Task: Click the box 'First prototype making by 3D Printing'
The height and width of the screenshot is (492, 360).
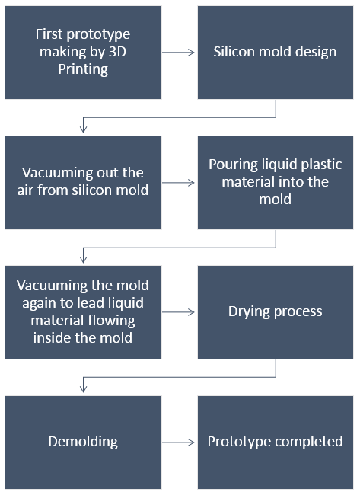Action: pos(83,53)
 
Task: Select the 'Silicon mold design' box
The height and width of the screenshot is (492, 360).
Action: pos(276,53)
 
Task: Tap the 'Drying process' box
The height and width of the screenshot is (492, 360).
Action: pos(276,312)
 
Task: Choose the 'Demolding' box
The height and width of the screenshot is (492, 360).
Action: pos(83,442)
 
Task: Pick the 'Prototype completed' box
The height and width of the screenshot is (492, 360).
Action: pos(276,442)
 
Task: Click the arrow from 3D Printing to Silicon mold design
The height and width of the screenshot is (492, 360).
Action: pos(178,53)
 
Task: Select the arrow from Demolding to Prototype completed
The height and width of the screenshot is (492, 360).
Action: pos(178,442)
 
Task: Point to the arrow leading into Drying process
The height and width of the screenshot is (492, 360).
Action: pos(178,312)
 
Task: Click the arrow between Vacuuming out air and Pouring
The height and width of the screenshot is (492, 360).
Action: pos(178,183)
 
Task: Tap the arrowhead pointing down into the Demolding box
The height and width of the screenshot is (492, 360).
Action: pos(84,389)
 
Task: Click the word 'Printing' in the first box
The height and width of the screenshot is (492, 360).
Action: pos(83,69)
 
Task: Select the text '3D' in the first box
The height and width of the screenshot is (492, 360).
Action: pos(117,52)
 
